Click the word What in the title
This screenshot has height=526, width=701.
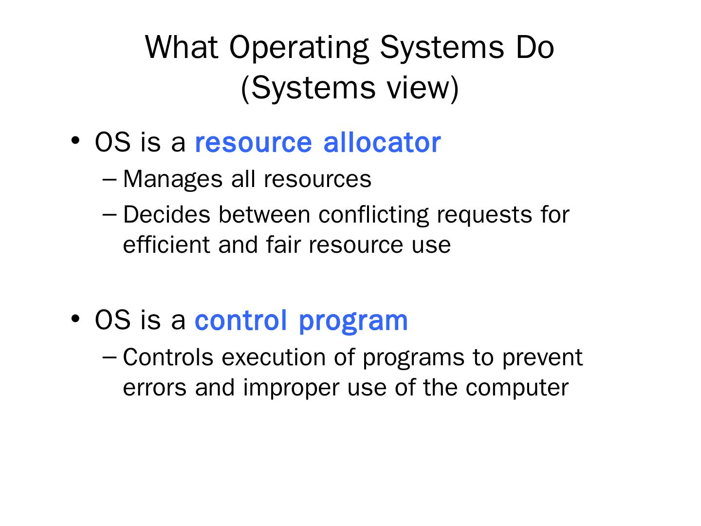point(182,47)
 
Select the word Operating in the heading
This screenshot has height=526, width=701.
point(299,49)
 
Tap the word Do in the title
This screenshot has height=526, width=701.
point(535,47)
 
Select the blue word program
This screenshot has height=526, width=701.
point(353,322)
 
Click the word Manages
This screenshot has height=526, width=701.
point(173,180)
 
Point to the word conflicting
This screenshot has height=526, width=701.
point(373,216)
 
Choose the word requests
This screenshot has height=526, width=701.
point(484,216)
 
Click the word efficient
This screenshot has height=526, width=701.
point(166,244)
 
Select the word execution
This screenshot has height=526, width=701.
point(274,357)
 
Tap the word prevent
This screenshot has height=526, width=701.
point(543,358)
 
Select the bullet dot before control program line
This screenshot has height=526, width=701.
point(75,318)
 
